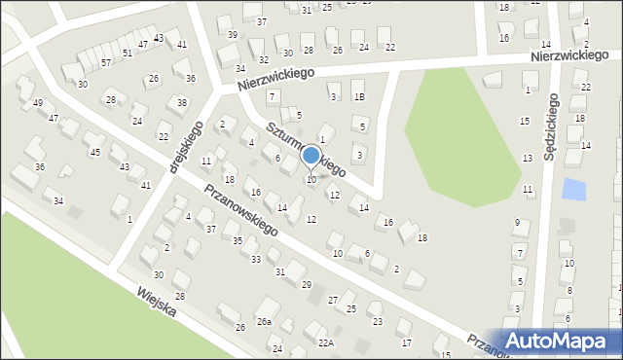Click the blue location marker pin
tap(311, 156)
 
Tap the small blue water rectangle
tap(574, 190)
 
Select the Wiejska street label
tap(156, 307)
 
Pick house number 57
tap(106, 62)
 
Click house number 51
tap(128, 54)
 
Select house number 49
tap(38, 103)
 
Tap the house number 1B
tap(359, 96)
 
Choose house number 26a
tap(264, 322)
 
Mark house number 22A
tap(325, 342)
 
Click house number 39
tap(233, 34)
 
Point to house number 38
tap(182, 102)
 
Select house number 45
tap(94, 152)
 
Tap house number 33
tap(256, 260)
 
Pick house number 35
tap(237, 240)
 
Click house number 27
tap(333, 300)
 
